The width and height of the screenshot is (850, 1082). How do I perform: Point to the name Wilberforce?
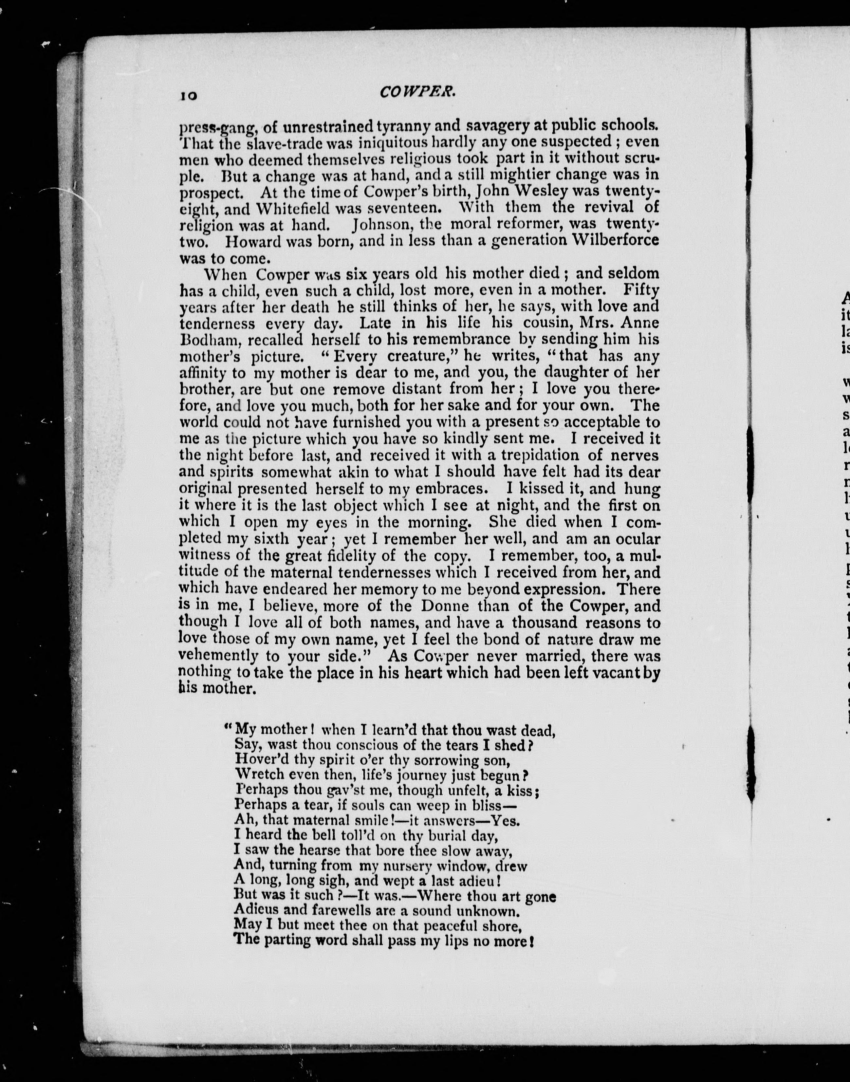[616, 240]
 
